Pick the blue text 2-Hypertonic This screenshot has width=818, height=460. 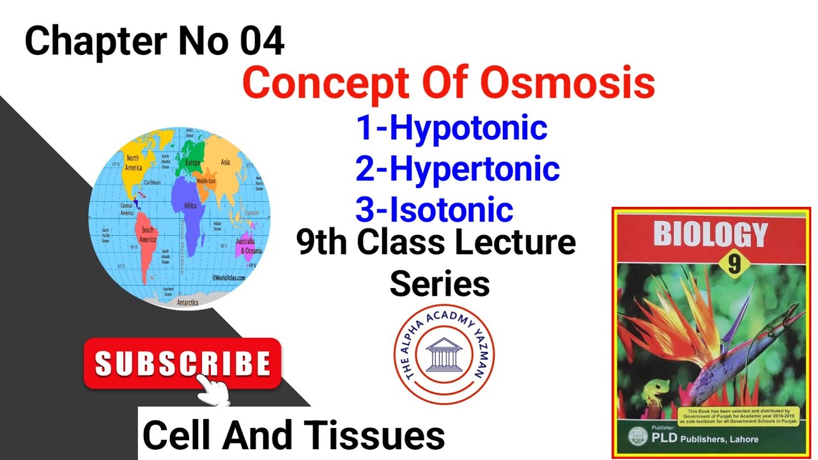tap(458, 169)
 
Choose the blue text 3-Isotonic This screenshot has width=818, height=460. tap(435, 210)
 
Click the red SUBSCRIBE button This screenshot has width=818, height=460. tap(182, 363)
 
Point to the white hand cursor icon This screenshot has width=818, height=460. tap(212, 390)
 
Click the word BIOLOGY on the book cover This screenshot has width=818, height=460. tap(710, 234)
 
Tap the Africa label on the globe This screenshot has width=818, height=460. tap(190, 206)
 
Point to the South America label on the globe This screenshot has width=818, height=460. tap(148, 234)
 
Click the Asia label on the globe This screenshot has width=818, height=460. tap(225, 162)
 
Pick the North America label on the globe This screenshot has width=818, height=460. tap(134, 163)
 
